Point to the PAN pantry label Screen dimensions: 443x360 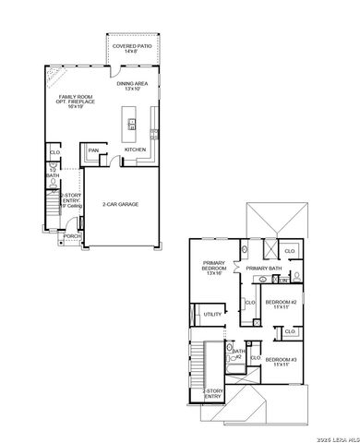[93, 150]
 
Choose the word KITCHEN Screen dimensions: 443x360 [136, 150]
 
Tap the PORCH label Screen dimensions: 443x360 [72, 236]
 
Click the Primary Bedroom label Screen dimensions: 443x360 [215, 269]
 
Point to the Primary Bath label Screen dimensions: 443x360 [263, 269]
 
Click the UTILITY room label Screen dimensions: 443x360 [212, 315]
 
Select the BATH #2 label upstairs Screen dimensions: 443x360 [239, 353]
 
